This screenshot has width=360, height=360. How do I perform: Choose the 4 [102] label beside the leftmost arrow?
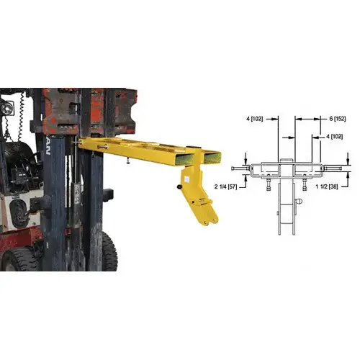(x=254, y=118)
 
